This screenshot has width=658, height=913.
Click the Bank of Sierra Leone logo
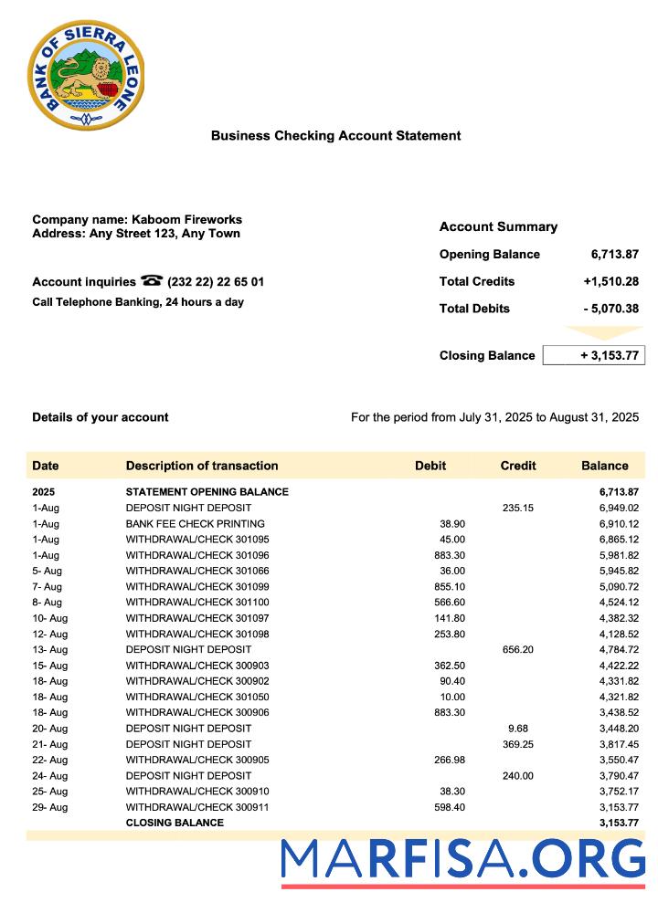(85, 76)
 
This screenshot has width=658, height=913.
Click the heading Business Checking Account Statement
(335, 136)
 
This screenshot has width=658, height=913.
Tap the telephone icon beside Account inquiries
(152, 281)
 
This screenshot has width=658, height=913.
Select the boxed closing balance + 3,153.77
(593, 355)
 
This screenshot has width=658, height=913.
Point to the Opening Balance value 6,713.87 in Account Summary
(614, 254)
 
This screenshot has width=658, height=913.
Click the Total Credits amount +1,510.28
(610, 281)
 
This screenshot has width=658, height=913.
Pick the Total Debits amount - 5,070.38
(610, 309)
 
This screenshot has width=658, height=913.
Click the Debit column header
(430, 466)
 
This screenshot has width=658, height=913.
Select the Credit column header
(518, 466)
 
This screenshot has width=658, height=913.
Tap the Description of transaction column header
(202, 466)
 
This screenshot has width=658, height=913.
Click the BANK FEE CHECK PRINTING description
(195, 523)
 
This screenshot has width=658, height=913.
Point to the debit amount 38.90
(452, 523)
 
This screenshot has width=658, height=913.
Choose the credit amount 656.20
(518, 649)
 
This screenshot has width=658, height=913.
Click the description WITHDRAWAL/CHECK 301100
(197, 602)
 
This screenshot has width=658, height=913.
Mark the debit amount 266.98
(449, 760)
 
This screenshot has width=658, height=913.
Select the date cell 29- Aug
(49, 807)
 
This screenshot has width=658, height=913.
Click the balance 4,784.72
(619, 649)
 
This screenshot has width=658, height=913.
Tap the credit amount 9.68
(518, 728)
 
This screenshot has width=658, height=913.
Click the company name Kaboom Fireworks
(186, 219)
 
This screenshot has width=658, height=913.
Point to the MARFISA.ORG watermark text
(462, 860)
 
